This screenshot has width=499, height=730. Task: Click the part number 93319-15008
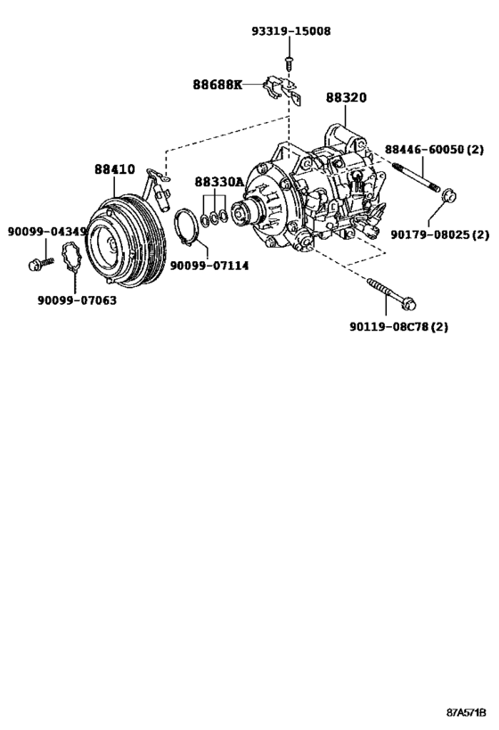point(290,31)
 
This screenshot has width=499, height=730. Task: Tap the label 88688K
point(217,85)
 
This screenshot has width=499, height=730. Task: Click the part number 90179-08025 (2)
point(440,234)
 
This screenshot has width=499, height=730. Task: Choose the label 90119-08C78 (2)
point(398,326)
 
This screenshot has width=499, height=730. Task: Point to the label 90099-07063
point(76,300)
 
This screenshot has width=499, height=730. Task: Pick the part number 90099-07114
point(209,266)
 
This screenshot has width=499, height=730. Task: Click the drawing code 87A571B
point(467,714)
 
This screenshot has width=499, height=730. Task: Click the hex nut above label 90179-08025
point(447,192)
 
